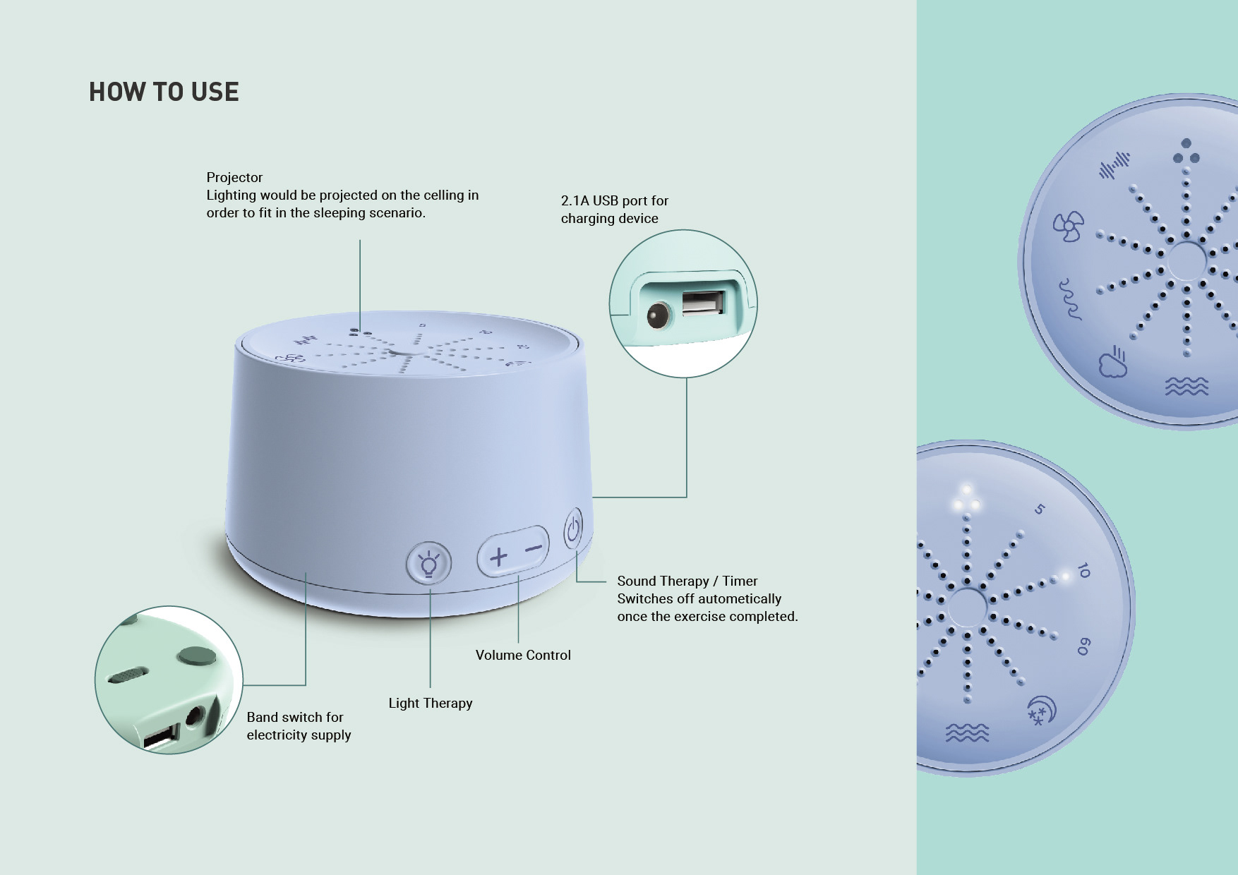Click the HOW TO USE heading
point(164,92)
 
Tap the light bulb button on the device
point(428,563)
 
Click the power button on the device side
point(573,529)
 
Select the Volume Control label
point(523,655)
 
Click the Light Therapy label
point(431,703)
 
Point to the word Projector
point(234,177)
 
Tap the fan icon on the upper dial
point(1068,227)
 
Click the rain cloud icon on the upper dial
point(1113,361)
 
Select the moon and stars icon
point(1041,710)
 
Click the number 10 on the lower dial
point(1083,570)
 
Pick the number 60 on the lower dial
point(1083,646)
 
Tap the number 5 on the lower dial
point(1039,509)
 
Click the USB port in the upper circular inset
point(703,302)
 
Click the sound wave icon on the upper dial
point(1114,165)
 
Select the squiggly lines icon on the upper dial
point(1070,299)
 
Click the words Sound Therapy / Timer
point(687,581)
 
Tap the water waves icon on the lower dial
point(967,733)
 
